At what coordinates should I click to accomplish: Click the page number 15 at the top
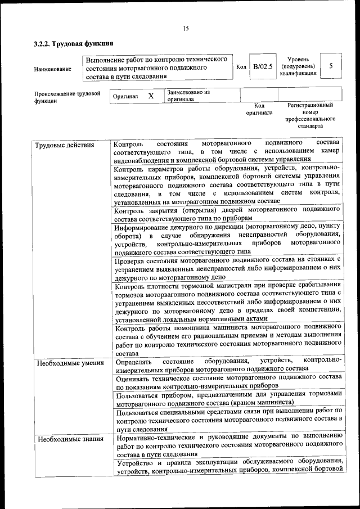click(185, 29)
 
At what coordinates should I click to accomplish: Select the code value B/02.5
click(262, 67)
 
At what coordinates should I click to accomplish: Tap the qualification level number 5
click(331, 66)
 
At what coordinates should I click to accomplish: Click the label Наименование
click(53, 69)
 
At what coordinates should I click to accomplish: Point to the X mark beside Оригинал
click(151, 96)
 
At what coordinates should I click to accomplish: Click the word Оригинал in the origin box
click(125, 97)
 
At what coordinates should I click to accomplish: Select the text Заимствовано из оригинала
click(188, 95)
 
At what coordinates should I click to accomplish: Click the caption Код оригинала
click(259, 109)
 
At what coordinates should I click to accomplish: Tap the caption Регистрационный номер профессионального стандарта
click(310, 116)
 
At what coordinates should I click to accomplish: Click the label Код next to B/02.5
click(241, 67)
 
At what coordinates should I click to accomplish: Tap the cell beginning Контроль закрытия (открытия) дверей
click(227, 214)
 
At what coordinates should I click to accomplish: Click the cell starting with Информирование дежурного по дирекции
click(227, 239)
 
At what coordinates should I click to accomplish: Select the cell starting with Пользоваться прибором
click(227, 398)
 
